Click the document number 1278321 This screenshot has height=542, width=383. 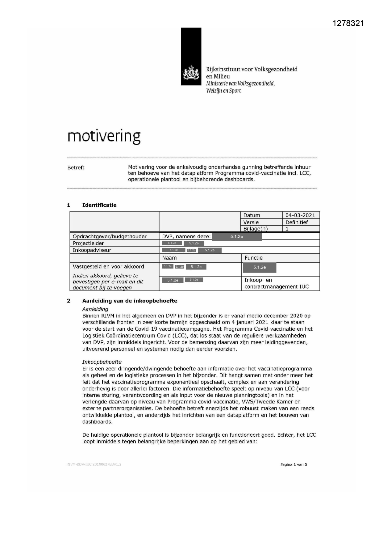[x=348, y=23]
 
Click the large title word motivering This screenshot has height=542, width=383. [x=104, y=136]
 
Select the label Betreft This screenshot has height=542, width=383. [x=76, y=167]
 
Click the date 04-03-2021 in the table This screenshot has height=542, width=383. [x=300, y=215]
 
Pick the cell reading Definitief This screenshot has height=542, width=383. [x=297, y=222]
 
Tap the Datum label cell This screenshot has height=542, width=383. [x=252, y=215]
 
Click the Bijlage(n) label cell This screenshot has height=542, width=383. [x=255, y=229]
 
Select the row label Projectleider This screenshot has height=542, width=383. [x=88, y=243]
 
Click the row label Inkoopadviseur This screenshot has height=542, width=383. [x=92, y=250]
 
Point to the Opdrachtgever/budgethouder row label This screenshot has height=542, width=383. [x=110, y=236]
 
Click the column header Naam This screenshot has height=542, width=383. [x=169, y=258]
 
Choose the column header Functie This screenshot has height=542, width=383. [x=253, y=258]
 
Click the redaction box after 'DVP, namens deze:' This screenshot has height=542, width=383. [x=237, y=237]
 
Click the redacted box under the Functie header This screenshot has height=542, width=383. [x=260, y=267]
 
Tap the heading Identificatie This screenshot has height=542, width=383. [x=99, y=205]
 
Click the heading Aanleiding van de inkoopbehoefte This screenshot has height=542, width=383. [x=130, y=301]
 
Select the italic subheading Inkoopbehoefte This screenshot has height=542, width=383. [x=102, y=362]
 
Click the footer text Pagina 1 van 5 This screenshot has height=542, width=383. [x=293, y=464]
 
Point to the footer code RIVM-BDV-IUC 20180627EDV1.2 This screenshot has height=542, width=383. [x=94, y=464]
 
